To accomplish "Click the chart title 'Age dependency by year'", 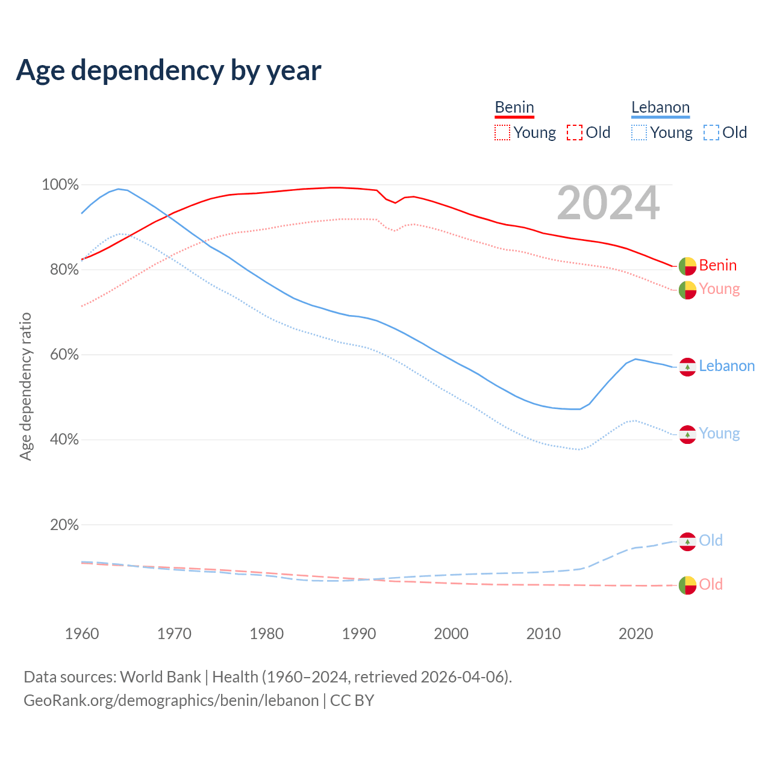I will pyautogui.click(x=169, y=70).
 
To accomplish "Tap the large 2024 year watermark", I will pyautogui.click(x=608, y=204).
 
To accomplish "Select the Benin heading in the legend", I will pyautogui.click(x=514, y=107).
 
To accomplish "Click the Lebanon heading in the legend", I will pyautogui.click(x=660, y=107).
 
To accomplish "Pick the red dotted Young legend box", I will pyautogui.click(x=502, y=133).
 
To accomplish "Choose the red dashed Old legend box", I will pyautogui.click(x=575, y=133).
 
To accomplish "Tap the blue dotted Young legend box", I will pyautogui.click(x=639, y=133).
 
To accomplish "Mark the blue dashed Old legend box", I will pyautogui.click(x=711, y=133).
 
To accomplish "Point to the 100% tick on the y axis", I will pyautogui.click(x=60, y=185).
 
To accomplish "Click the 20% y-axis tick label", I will pyautogui.click(x=64, y=525).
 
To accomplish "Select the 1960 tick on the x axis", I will pyautogui.click(x=82, y=634).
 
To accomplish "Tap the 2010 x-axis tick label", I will pyautogui.click(x=543, y=634).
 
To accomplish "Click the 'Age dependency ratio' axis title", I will pyautogui.click(x=25, y=386).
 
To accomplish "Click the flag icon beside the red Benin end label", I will pyautogui.click(x=687, y=266).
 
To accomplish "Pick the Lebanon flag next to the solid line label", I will pyautogui.click(x=687, y=366).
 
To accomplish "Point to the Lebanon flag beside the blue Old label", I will pyautogui.click(x=687, y=541).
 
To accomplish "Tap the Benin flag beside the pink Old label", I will pyautogui.click(x=687, y=585).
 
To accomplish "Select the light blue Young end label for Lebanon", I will pyautogui.click(x=719, y=434).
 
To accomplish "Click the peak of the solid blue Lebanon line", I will pyautogui.click(x=119, y=189).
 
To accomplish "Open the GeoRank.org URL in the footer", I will pyautogui.click(x=171, y=701).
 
